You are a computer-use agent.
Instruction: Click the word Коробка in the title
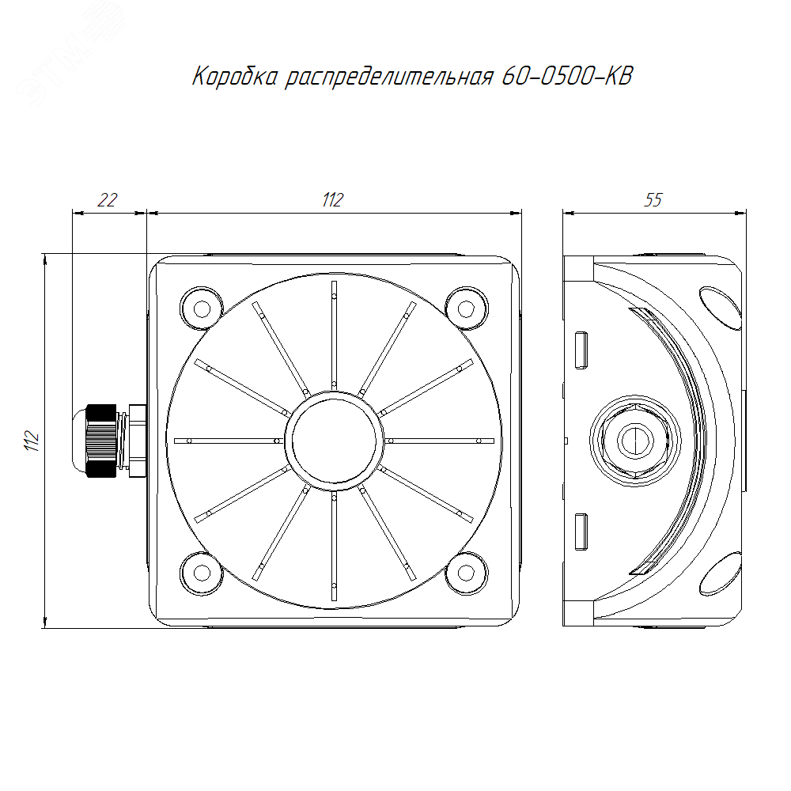tap(235, 77)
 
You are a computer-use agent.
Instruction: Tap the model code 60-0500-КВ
tap(567, 76)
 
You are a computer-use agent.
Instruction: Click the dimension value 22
tap(108, 200)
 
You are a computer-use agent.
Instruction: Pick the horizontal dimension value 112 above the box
tap(333, 200)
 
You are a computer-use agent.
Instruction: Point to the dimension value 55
tap(653, 200)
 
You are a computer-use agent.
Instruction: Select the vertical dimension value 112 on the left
tap(32, 441)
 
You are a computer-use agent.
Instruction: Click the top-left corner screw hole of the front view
tap(202, 308)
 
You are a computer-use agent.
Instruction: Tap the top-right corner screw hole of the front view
tap(466, 308)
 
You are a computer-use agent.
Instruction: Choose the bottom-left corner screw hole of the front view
tap(202, 573)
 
